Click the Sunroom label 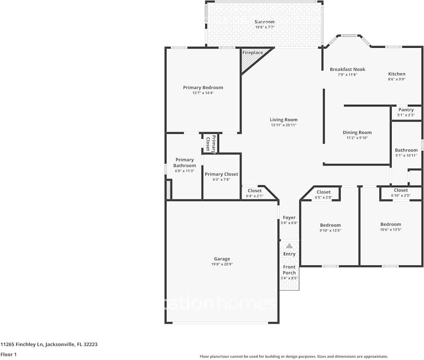tap(264, 22)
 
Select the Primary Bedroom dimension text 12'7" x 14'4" tap(203, 93)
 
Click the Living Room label tap(283, 120)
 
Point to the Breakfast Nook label tap(347, 69)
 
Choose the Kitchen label tap(396, 74)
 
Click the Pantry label tap(406, 110)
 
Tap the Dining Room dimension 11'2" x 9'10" tap(357, 138)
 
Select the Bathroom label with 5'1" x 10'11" tap(406, 150)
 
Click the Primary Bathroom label tap(185, 163)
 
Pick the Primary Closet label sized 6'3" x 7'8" tap(221, 174)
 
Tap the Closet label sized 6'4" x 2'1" tap(255, 191)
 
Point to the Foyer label tap(289, 218)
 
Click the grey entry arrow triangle tap(289, 246)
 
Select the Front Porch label tap(289, 270)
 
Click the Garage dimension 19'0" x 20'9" tap(222, 264)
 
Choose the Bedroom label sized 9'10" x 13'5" tap(330, 225)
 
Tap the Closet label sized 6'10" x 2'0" tap(401, 190)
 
